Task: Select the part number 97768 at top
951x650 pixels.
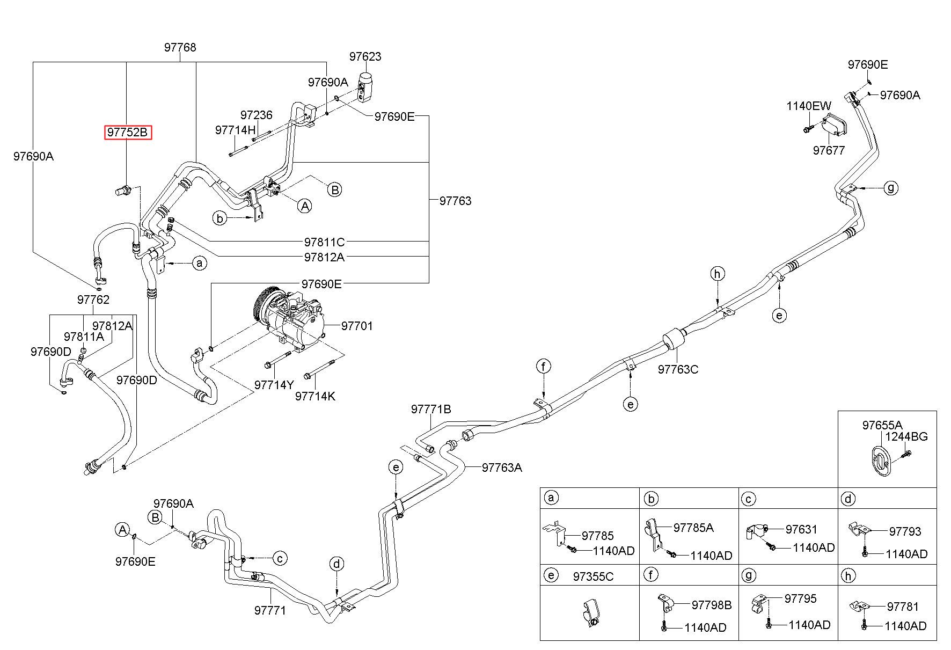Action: (x=180, y=48)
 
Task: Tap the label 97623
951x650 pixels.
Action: (x=365, y=56)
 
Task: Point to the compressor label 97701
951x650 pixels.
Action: (x=357, y=326)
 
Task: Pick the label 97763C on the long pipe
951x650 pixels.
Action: (x=678, y=369)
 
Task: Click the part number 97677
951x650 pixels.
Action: (x=829, y=150)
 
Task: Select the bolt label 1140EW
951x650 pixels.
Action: (x=809, y=106)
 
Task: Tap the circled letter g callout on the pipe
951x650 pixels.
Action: (x=891, y=188)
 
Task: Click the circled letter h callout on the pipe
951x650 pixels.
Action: (x=718, y=274)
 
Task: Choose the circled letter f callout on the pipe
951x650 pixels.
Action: (x=544, y=367)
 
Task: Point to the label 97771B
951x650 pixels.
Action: (x=431, y=409)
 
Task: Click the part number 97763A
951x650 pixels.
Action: (x=502, y=468)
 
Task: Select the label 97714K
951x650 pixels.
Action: (x=315, y=396)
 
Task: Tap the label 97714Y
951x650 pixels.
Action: (x=274, y=385)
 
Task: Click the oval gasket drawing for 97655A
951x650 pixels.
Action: (x=880, y=461)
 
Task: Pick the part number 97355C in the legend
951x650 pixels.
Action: (x=593, y=576)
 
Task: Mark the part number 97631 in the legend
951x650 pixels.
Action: (x=802, y=529)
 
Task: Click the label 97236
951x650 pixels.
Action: (x=257, y=115)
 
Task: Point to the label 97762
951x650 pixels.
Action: (x=93, y=300)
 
